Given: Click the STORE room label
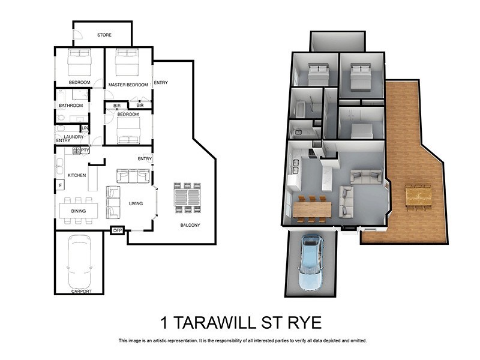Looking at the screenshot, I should (x=104, y=35).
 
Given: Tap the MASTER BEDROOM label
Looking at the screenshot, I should (x=128, y=85).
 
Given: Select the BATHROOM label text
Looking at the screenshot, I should (x=70, y=106).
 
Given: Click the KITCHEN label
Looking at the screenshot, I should (x=76, y=175).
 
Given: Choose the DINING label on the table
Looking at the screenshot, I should (x=78, y=211).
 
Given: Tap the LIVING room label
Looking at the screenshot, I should (x=136, y=203).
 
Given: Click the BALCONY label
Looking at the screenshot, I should (x=190, y=226).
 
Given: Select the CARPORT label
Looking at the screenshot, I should (x=81, y=291).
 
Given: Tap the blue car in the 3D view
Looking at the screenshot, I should (x=311, y=262).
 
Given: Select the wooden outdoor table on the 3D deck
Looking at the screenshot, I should (x=418, y=196).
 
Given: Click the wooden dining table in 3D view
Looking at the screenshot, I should (x=311, y=209).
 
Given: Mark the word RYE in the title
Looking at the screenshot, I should (x=302, y=322).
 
